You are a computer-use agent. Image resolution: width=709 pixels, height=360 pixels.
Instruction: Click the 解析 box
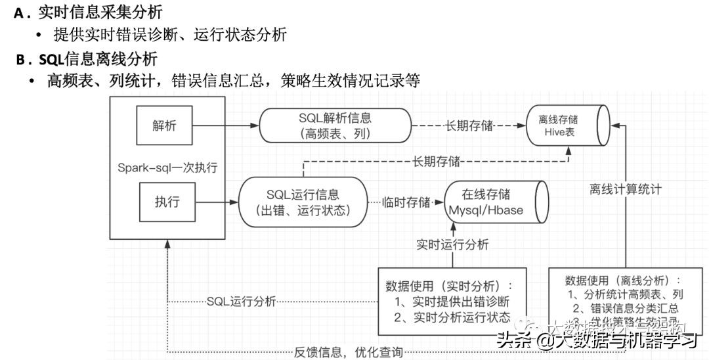(164, 126)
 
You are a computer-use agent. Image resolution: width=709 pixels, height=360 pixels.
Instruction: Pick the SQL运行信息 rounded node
(303, 202)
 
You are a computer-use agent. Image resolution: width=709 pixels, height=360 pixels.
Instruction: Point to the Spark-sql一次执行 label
(167, 167)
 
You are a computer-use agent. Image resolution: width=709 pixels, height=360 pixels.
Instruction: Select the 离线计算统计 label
(625, 189)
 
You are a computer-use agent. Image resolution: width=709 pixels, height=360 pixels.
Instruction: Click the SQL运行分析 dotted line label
(241, 302)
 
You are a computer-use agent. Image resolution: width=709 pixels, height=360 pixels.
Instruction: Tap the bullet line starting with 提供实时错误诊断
(169, 35)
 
